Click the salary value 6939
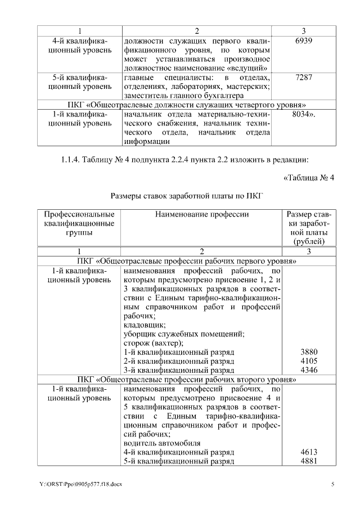tap(303, 41)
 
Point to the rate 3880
tap(309, 352)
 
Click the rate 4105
tap(309, 361)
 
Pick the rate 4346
tap(309, 371)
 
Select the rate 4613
tap(309, 452)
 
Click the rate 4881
tap(309, 462)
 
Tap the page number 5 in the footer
tap(332, 484)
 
